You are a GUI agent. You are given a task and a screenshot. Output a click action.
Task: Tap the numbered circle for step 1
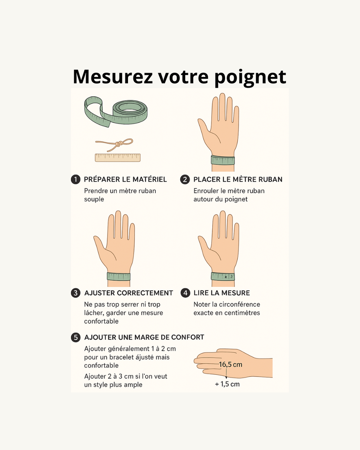(76, 179)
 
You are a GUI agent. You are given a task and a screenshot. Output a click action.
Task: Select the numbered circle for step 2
(185, 180)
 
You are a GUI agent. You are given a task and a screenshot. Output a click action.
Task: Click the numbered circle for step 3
(76, 293)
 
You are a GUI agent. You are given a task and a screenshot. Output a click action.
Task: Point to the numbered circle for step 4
(185, 293)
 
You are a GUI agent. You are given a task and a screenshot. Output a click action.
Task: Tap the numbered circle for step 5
(76, 337)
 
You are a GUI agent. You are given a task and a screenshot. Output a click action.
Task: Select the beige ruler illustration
(118, 158)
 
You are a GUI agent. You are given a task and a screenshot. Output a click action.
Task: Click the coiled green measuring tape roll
(116, 111)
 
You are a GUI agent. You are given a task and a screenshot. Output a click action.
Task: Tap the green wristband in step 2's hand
(223, 160)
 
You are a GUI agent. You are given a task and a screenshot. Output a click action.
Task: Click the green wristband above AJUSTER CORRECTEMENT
(118, 277)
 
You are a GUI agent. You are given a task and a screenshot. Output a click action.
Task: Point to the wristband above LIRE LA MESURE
(223, 276)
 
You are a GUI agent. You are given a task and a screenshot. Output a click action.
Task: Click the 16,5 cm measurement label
(231, 365)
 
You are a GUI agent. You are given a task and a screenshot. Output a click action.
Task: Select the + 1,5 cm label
(227, 384)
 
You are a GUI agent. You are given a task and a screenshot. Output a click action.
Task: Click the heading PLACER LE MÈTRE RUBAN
(238, 179)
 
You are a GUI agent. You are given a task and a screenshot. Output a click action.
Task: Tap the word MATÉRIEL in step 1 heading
(150, 179)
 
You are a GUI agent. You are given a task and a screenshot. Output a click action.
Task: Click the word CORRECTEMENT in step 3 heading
(145, 293)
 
